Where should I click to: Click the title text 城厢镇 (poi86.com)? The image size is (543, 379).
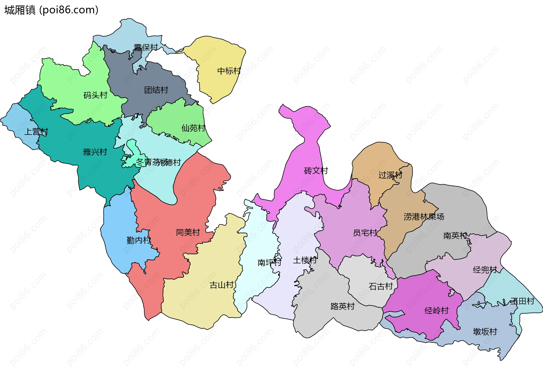(x=51, y=10)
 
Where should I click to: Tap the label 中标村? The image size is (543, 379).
(x=229, y=71)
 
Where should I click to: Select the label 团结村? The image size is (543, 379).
(x=156, y=90)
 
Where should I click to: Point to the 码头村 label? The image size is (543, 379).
(x=95, y=95)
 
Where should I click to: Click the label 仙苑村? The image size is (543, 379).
(x=193, y=128)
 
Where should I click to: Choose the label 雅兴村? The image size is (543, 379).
(x=95, y=152)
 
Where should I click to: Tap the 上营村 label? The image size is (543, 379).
(x=36, y=132)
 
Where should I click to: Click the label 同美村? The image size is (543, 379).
(x=188, y=232)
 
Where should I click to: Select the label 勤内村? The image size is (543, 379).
(x=138, y=240)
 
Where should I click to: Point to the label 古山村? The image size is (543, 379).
(x=221, y=285)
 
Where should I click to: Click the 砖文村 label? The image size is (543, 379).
(x=316, y=170)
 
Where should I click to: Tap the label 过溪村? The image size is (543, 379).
(x=390, y=175)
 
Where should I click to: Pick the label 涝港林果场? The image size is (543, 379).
(x=424, y=216)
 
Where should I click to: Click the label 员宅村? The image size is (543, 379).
(x=365, y=233)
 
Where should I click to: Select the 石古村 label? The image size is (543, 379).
(x=381, y=286)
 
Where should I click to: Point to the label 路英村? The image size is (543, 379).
(x=342, y=306)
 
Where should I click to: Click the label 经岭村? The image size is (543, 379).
(x=436, y=310)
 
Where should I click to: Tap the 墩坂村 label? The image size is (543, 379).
(x=485, y=331)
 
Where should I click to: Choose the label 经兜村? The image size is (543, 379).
(x=485, y=270)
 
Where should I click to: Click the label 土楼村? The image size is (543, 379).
(x=305, y=260)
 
